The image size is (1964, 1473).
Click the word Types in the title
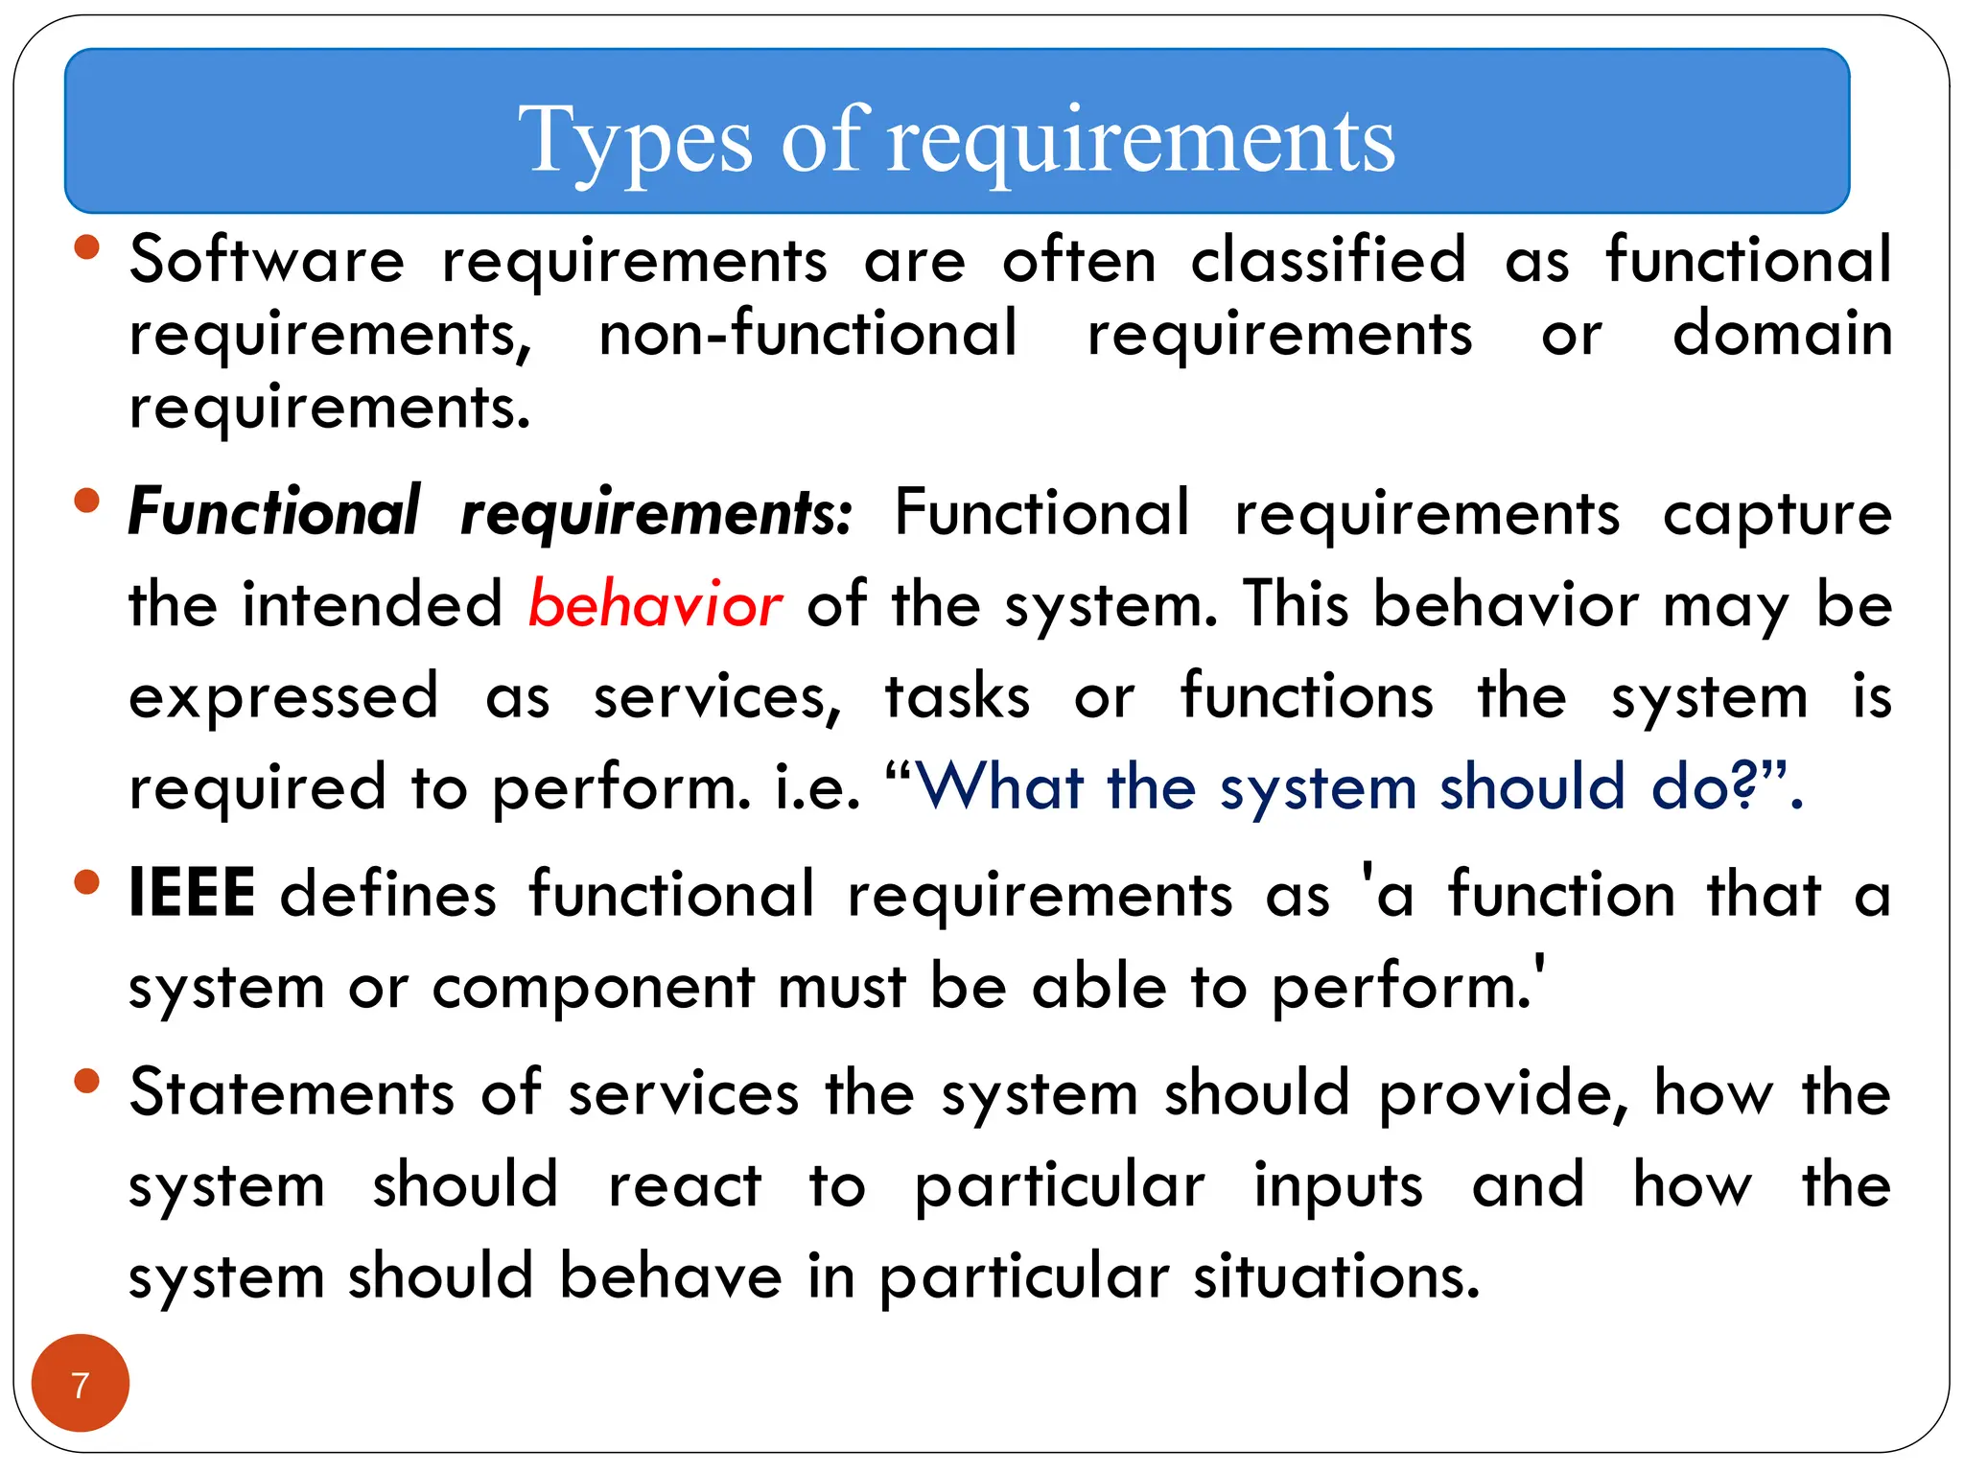click(634, 142)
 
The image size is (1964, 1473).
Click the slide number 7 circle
click(81, 1383)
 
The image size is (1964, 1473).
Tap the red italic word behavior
click(655, 605)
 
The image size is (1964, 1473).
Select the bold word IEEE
click(192, 893)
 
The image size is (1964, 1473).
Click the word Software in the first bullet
click(268, 260)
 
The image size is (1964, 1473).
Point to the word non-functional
click(807, 334)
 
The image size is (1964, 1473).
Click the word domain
click(1782, 334)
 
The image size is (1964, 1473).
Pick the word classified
click(1328, 260)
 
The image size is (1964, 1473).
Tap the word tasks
click(957, 696)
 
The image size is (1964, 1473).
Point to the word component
click(594, 988)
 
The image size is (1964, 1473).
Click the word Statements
click(292, 1092)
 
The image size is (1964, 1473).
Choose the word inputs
click(1339, 1186)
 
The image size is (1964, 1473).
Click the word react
click(685, 1186)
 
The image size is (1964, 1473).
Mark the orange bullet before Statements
click(86, 1082)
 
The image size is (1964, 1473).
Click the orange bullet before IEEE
click(86, 882)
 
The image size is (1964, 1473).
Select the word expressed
click(284, 697)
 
